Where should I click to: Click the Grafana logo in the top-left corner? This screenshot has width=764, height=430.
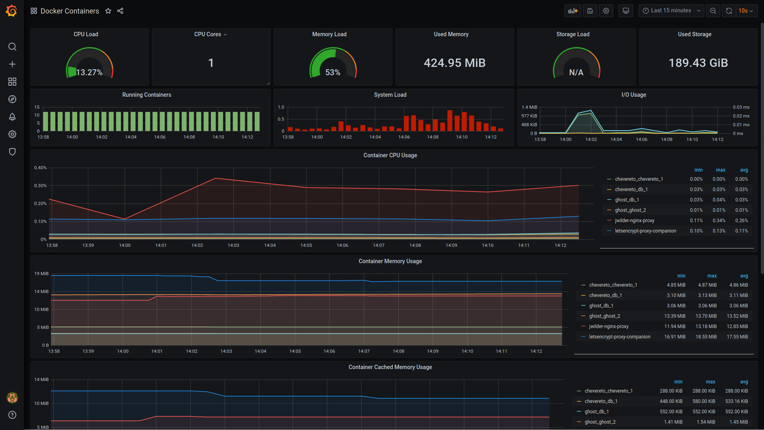tap(12, 11)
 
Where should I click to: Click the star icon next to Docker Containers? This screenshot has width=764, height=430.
tap(108, 11)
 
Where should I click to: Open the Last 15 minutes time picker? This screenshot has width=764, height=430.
tap(671, 11)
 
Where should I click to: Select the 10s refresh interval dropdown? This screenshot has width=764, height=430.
tap(746, 11)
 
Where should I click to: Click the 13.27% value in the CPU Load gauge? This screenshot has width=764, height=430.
tap(89, 72)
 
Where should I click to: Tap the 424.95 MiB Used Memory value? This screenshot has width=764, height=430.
tap(454, 63)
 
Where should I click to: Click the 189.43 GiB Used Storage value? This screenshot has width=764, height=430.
tap(698, 63)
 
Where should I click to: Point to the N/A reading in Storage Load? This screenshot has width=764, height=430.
tap(576, 72)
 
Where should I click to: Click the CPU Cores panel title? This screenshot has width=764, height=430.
tap(208, 34)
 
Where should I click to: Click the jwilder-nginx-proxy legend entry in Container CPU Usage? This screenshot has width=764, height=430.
tap(634, 221)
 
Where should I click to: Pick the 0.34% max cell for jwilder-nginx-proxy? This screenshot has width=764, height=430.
tap(719, 221)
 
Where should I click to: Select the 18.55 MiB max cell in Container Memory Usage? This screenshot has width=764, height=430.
tap(706, 337)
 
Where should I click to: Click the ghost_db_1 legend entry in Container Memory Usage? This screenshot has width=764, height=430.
tap(601, 306)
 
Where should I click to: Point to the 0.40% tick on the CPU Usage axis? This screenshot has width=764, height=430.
tap(40, 168)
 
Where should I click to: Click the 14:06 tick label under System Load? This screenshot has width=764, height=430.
tap(404, 137)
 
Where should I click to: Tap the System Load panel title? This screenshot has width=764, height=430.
tap(390, 95)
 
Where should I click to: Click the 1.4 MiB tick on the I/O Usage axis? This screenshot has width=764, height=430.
tap(529, 107)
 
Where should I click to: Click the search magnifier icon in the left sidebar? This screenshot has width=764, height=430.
tap(12, 47)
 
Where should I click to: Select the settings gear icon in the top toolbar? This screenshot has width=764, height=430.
tap(606, 11)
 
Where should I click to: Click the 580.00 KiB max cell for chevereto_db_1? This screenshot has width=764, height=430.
tap(704, 401)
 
